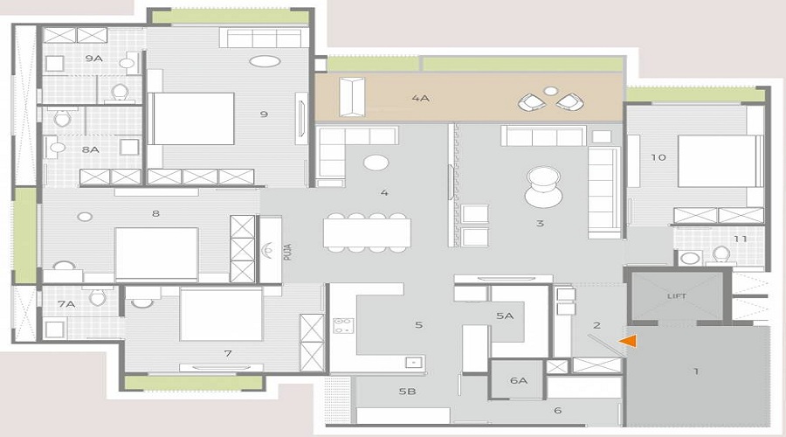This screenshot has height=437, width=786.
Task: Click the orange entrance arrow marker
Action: (629, 341)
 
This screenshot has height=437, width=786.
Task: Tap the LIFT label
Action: (677, 296)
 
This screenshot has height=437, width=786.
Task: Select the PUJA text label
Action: (287, 252)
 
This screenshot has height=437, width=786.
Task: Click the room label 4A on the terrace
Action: (421, 99)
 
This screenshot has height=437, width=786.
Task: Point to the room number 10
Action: (658, 157)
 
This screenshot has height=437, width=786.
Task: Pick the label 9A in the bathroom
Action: (93, 59)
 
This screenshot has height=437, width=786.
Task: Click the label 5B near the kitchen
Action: (408, 391)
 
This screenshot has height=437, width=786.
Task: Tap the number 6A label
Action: (519, 380)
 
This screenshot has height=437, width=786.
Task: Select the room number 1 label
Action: (696, 371)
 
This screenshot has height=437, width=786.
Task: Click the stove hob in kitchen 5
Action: (343, 326)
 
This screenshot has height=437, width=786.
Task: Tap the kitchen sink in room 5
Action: (414, 362)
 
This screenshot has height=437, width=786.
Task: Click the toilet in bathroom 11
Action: (721, 254)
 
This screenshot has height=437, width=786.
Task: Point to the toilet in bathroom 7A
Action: (98, 296)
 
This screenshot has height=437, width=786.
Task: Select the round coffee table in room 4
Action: (376, 162)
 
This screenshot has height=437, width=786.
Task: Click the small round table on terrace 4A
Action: (551, 91)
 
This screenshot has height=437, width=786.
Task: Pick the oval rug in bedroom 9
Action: (265, 61)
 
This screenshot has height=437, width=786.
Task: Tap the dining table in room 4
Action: (367, 232)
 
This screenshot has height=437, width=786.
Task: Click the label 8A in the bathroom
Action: (90, 149)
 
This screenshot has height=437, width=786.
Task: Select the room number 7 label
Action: (228, 353)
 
